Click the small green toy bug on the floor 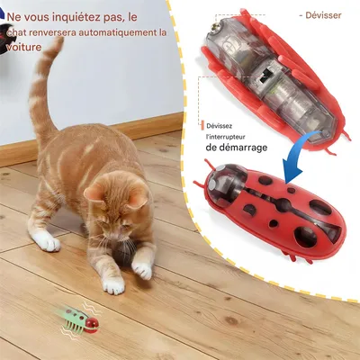click(79, 318)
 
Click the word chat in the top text click(17, 34)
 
